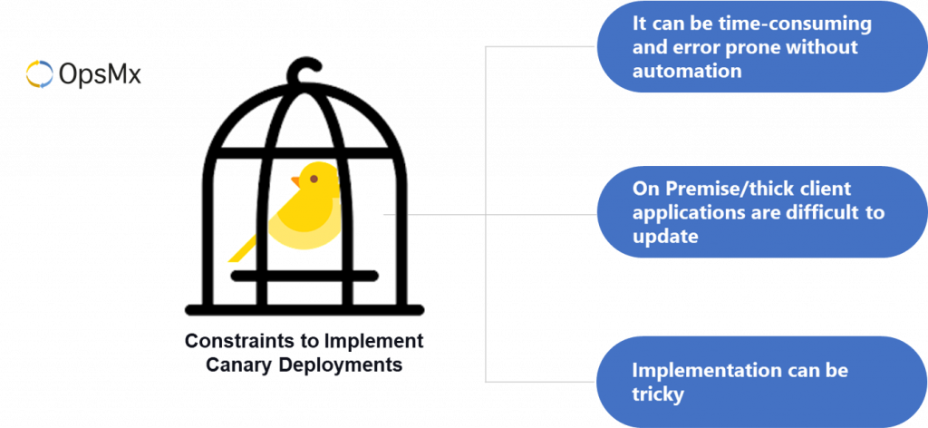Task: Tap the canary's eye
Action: (x=314, y=179)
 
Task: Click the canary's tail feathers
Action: (x=242, y=248)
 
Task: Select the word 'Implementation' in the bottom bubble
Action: (x=702, y=370)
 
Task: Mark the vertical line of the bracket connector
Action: (x=487, y=214)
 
